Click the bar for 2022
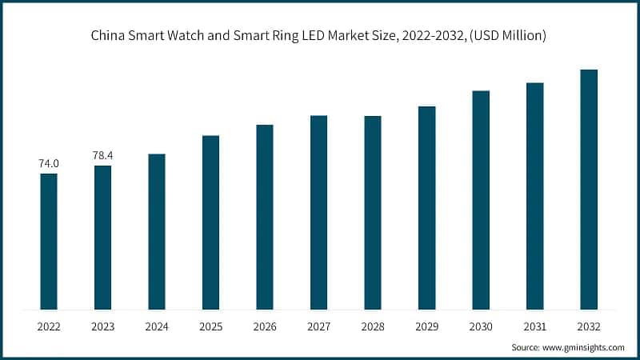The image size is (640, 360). coord(49,241)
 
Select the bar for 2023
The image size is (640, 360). coord(102,237)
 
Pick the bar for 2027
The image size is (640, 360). coord(318,212)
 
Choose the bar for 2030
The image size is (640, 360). coord(481,200)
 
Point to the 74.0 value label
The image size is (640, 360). coord(49,163)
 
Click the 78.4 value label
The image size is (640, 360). coord(102,155)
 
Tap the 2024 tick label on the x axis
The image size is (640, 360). coord(157,326)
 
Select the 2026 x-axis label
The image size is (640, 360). coord(265,326)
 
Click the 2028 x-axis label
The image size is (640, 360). coord(373,326)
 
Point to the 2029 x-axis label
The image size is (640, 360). coord(426,326)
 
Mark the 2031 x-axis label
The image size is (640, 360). coord(534,326)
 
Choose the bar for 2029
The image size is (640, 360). coord(426,207)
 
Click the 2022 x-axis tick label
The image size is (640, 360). coord(49,326)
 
